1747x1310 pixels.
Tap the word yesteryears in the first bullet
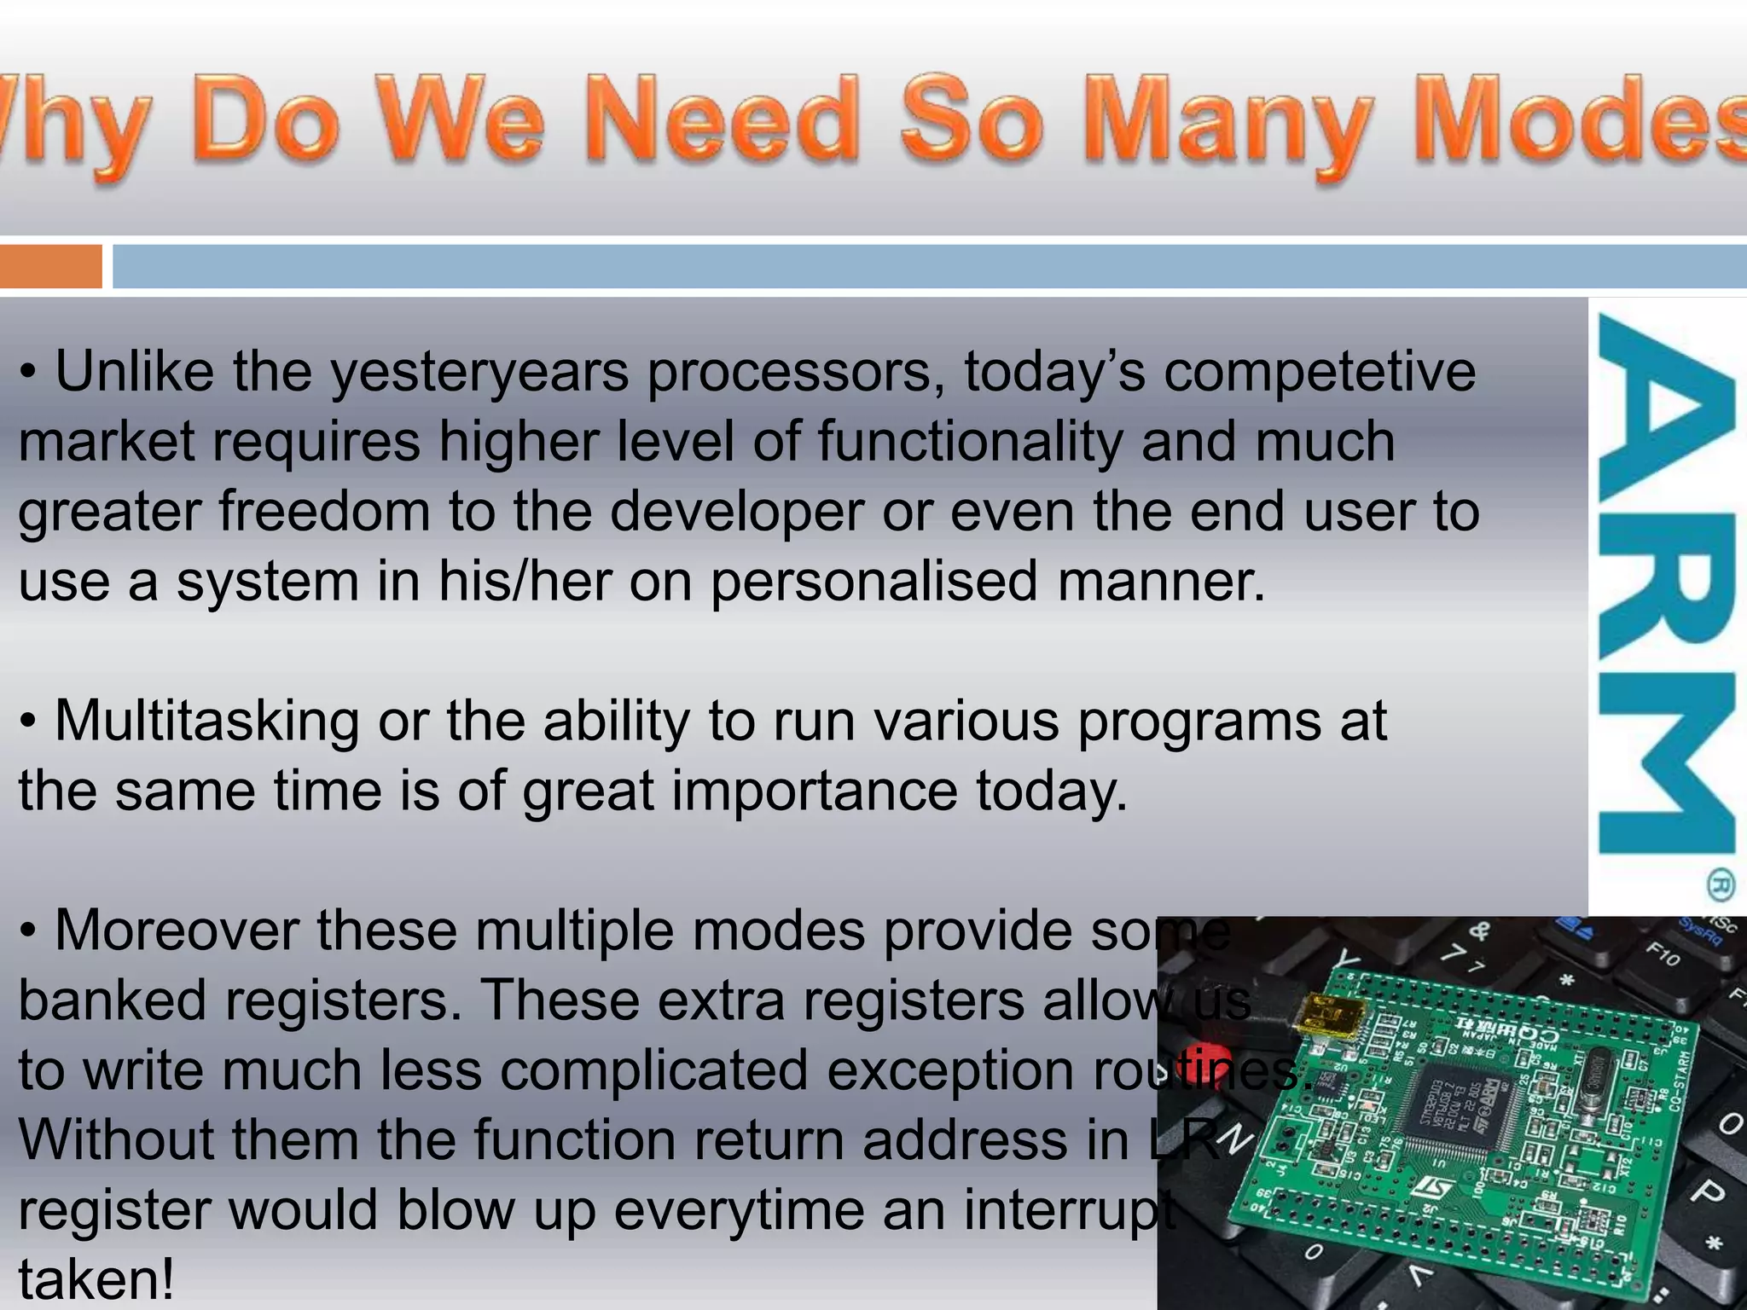479,374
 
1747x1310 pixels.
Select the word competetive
1320,374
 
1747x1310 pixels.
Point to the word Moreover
177,930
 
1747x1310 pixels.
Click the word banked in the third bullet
112,1001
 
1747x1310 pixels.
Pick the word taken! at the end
96,1279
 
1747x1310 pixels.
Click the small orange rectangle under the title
50,266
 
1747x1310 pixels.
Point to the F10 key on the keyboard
1662,954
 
